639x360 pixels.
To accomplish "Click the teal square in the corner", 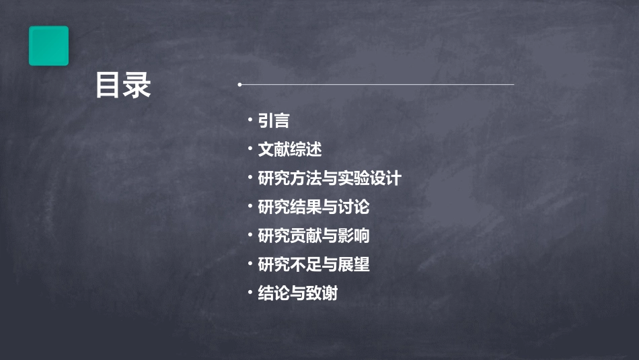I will point(48,46).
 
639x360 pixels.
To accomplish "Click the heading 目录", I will point(123,85).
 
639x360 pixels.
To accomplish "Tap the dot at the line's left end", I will point(239,85).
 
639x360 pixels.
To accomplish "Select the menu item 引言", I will point(274,121).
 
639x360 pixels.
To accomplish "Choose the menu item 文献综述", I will point(290,149).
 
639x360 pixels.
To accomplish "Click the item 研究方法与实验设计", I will point(330,178).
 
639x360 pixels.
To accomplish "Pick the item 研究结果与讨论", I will point(313,207).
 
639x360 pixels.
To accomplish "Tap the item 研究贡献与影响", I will point(313,236).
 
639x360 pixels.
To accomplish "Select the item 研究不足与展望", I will point(313,265).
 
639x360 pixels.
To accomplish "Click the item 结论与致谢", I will point(297,294).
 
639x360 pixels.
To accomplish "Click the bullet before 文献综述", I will point(250,149).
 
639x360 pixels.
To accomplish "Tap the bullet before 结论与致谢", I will point(250,293).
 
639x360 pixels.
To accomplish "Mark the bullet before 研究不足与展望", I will point(250,264).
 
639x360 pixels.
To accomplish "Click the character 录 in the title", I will point(137,85).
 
